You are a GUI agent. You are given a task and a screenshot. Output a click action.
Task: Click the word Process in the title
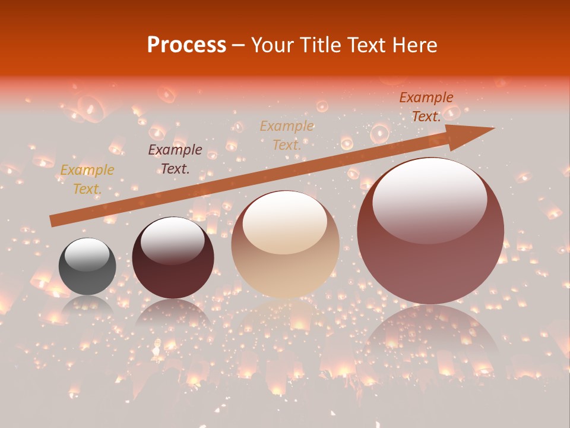click(186, 45)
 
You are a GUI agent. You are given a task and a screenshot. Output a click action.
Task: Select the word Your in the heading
click(271, 45)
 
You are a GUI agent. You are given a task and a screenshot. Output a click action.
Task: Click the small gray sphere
click(87, 266)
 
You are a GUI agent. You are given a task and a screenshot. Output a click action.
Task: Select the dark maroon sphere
click(173, 258)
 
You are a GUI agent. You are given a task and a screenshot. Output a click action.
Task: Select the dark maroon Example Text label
click(175, 159)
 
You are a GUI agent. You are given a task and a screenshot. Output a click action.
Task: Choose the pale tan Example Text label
click(287, 135)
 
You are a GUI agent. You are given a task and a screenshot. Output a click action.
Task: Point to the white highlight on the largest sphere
click(429, 199)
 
